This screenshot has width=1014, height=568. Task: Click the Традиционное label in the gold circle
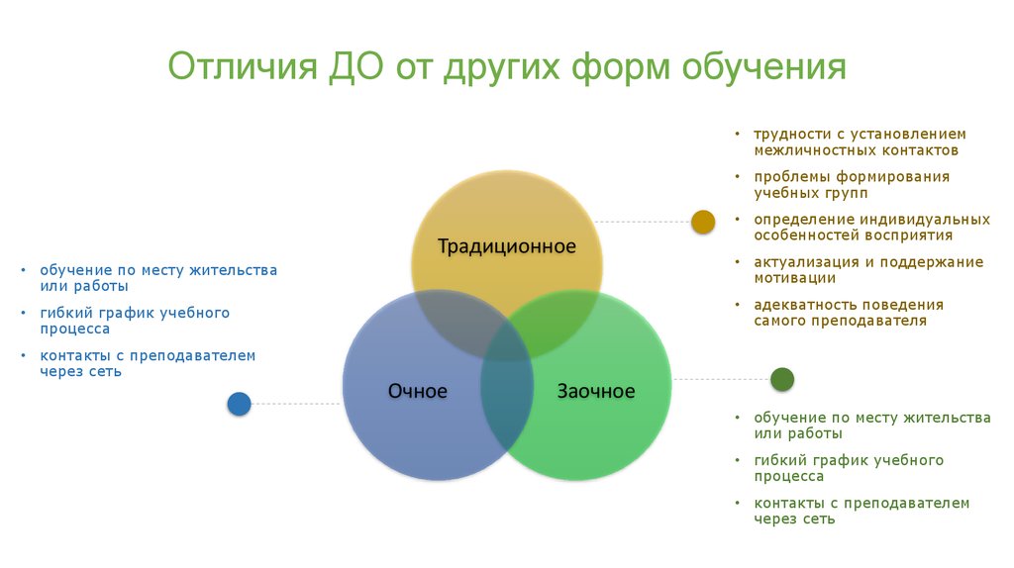pyautogui.click(x=507, y=246)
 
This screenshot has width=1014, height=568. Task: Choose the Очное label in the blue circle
pyautogui.click(x=418, y=391)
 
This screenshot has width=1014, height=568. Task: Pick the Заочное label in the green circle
pyautogui.click(x=595, y=391)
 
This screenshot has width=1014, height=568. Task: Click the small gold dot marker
pyautogui.click(x=703, y=222)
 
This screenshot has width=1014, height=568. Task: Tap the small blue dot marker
pyautogui.click(x=239, y=403)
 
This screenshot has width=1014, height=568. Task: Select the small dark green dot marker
pyautogui.click(x=782, y=379)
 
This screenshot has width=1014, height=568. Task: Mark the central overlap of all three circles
pyautogui.click(x=507, y=341)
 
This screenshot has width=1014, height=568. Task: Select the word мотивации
pyautogui.click(x=793, y=279)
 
